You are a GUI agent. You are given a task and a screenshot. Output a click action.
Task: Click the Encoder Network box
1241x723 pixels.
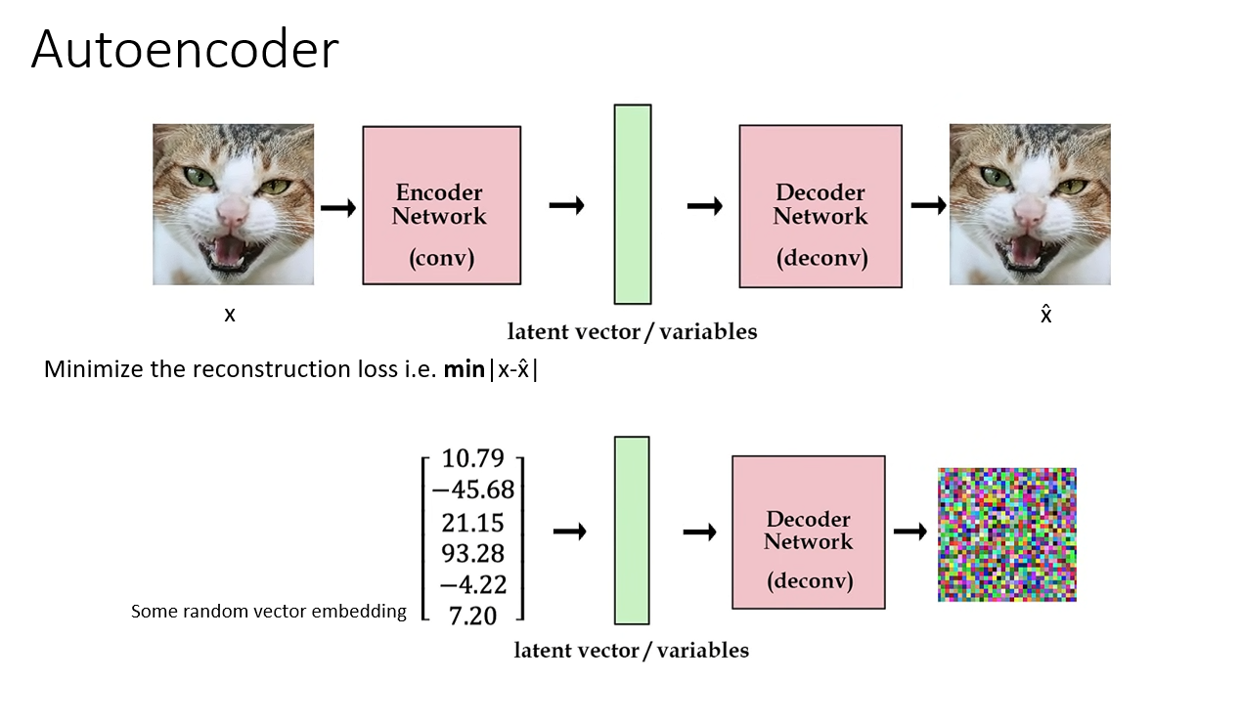coord(441,205)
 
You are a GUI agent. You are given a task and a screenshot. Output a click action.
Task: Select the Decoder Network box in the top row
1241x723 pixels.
coord(820,206)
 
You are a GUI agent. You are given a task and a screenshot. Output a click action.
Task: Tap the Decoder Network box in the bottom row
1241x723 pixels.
coord(808,532)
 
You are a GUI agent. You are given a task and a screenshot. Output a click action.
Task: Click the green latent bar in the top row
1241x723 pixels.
coord(632,204)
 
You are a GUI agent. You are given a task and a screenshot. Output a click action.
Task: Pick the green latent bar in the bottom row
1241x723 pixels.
coord(631,530)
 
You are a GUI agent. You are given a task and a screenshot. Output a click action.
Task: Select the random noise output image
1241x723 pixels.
coord(1006,534)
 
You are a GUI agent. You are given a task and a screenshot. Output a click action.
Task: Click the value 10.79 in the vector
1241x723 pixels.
coord(473,458)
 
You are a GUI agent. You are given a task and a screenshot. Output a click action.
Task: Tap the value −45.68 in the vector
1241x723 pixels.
coord(473,489)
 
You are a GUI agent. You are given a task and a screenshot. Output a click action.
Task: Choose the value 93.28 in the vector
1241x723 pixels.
coord(473,553)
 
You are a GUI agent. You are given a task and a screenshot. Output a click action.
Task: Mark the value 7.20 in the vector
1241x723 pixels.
coord(473,616)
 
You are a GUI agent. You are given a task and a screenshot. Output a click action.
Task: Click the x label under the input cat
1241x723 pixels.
coord(230,315)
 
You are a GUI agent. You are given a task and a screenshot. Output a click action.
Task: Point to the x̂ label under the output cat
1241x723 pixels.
coord(1045,314)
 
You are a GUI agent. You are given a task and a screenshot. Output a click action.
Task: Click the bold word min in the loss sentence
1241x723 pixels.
coord(464,369)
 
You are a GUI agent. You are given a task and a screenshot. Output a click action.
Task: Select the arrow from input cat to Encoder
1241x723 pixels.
coord(338,208)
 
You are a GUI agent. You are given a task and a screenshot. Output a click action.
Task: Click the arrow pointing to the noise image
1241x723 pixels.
coord(909,532)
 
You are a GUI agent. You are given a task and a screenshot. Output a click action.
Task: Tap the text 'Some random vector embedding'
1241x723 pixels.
coord(269,612)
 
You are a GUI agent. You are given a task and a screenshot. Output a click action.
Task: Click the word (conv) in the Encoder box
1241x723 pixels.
coord(441,259)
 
